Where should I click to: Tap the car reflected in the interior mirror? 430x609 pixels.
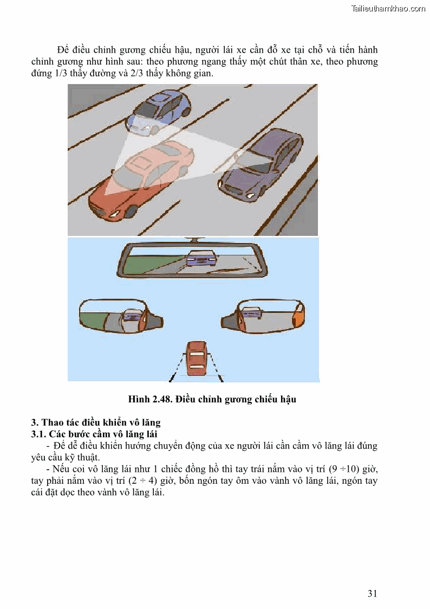pyautogui.click(x=200, y=257)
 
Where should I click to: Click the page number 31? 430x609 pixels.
pyautogui.click(x=372, y=593)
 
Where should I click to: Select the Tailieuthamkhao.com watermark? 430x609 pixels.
pyautogui.click(x=388, y=8)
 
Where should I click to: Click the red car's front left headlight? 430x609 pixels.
pyautogui.click(x=113, y=214)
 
